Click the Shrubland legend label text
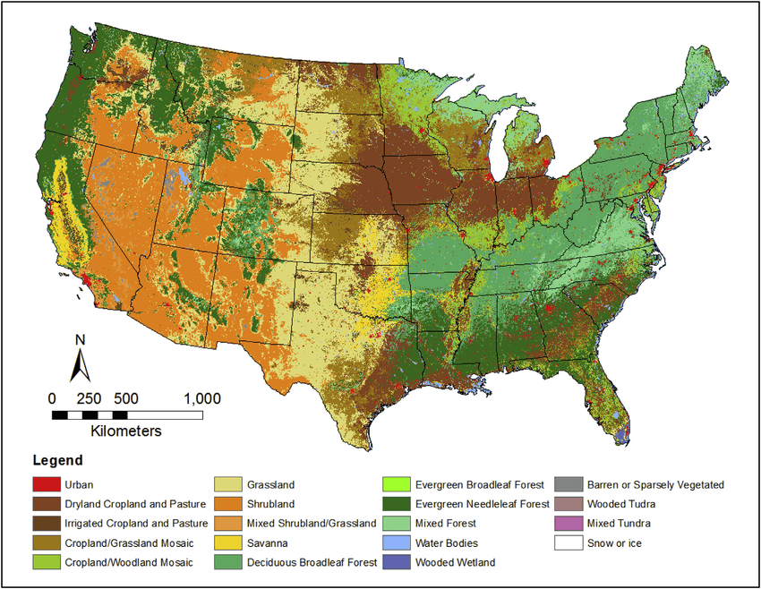[270, 505]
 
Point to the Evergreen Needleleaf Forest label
[481, 505]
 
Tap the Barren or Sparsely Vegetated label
[655, 485]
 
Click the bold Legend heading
[57, 461]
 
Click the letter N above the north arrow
[80, 340]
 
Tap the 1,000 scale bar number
[201, 398]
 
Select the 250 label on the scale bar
[90, 398]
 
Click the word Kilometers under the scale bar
[126, 431]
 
